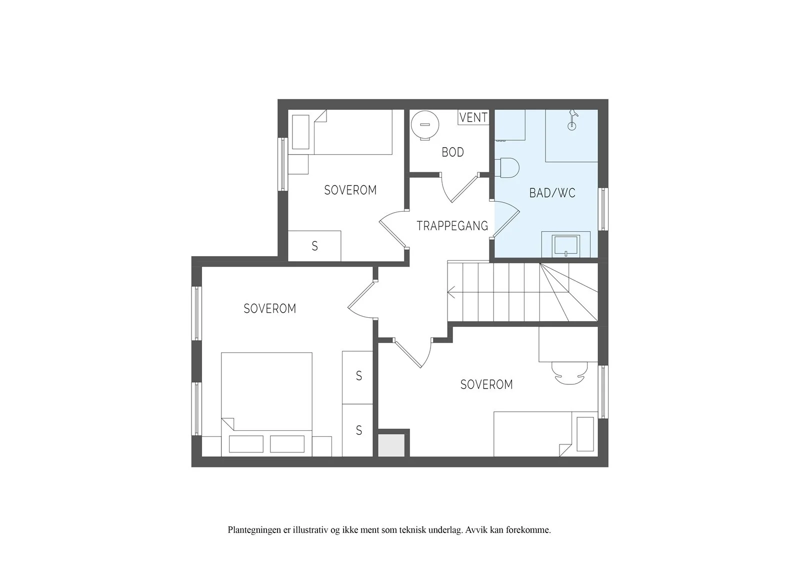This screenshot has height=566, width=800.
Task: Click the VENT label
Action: coord(473,117)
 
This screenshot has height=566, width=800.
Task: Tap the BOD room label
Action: coord(453,152)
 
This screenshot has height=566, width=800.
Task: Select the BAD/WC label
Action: coord(552,193)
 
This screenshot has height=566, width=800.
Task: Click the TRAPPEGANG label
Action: coord(452,226)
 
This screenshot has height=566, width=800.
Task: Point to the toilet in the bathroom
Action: coord(506,168)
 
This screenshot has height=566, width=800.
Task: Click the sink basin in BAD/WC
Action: coord(565,246)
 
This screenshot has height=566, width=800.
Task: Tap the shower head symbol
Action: coord(572,120)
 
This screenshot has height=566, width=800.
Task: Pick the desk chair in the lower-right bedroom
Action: coord(569,373)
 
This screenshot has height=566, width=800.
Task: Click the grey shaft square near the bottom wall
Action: coord(391,445)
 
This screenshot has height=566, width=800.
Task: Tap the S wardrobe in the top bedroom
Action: coord(314,246)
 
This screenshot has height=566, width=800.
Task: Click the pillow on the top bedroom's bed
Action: coord(300,132)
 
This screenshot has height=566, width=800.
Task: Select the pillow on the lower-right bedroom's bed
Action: coord(585,434)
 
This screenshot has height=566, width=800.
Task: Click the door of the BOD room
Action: coord(464,188)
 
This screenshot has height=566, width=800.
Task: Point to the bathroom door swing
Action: coord(506,219)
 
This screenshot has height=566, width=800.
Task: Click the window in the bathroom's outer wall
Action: coord(603,209)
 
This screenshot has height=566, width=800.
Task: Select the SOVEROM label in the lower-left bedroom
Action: coord(270,308)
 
